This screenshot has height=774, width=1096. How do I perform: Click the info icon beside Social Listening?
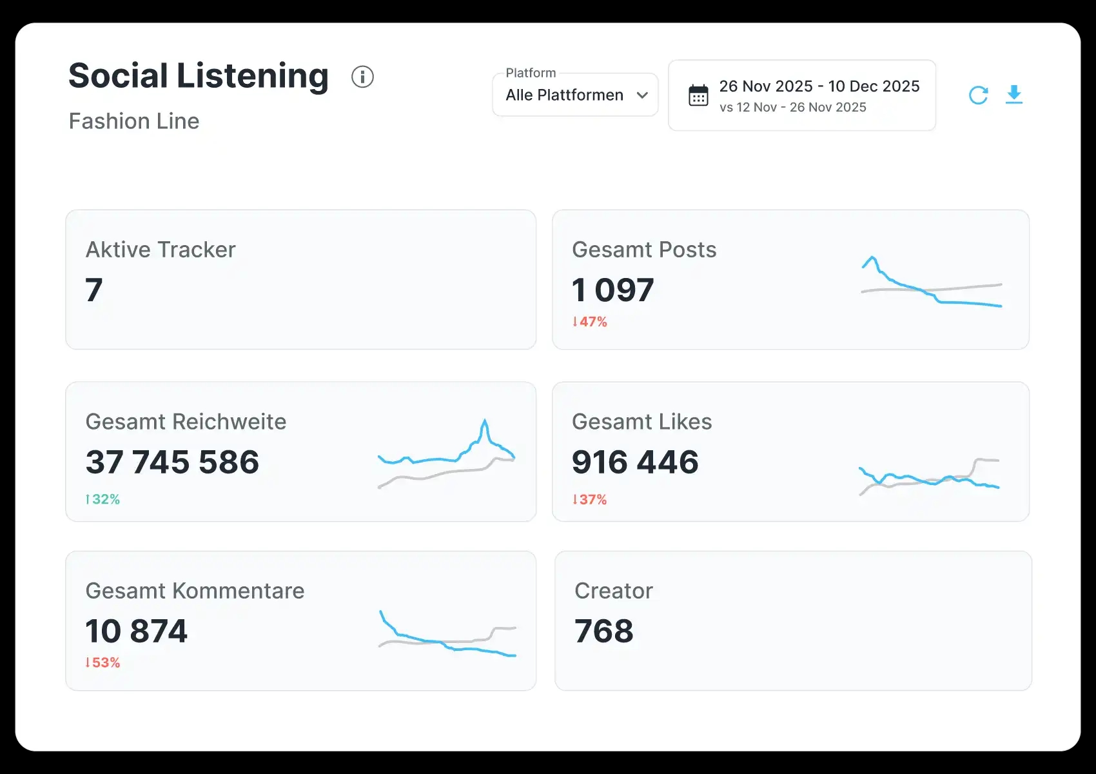[x=362, y=77]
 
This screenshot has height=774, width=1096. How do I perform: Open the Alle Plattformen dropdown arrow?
[x=642, y=95]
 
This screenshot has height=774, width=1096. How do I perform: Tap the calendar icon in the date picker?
[x=698, y=95]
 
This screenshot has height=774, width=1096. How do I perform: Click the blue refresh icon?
[x=978, y=95]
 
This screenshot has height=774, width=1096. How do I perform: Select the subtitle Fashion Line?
[x=134, y=121]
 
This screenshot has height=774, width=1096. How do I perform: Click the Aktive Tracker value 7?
[x=94, y=290]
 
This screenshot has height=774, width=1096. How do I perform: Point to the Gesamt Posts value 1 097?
[x=612, y=290]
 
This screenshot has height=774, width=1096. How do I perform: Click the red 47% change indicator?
[x=590, y=322]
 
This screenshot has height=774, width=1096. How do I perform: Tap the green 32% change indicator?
[x=103, y=499]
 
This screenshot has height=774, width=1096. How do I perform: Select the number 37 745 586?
[x=172, y=462]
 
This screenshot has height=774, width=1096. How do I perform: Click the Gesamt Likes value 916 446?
[x=635, y=462]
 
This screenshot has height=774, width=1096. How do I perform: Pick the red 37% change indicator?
[x=590, y=499]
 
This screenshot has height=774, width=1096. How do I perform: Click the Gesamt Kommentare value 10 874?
[x=136, y=631]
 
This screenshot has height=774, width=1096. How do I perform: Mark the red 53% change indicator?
[x=103, y=662]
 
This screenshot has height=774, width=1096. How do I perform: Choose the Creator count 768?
[x=604, y=631]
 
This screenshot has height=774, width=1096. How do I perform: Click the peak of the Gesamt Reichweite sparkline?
[x=484, y=420]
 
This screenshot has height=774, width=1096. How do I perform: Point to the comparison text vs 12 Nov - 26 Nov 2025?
[x=792, y=107]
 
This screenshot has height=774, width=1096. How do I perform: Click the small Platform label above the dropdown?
[x=531, y=73]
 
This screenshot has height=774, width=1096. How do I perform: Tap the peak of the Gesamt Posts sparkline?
[x=872, y=257]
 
